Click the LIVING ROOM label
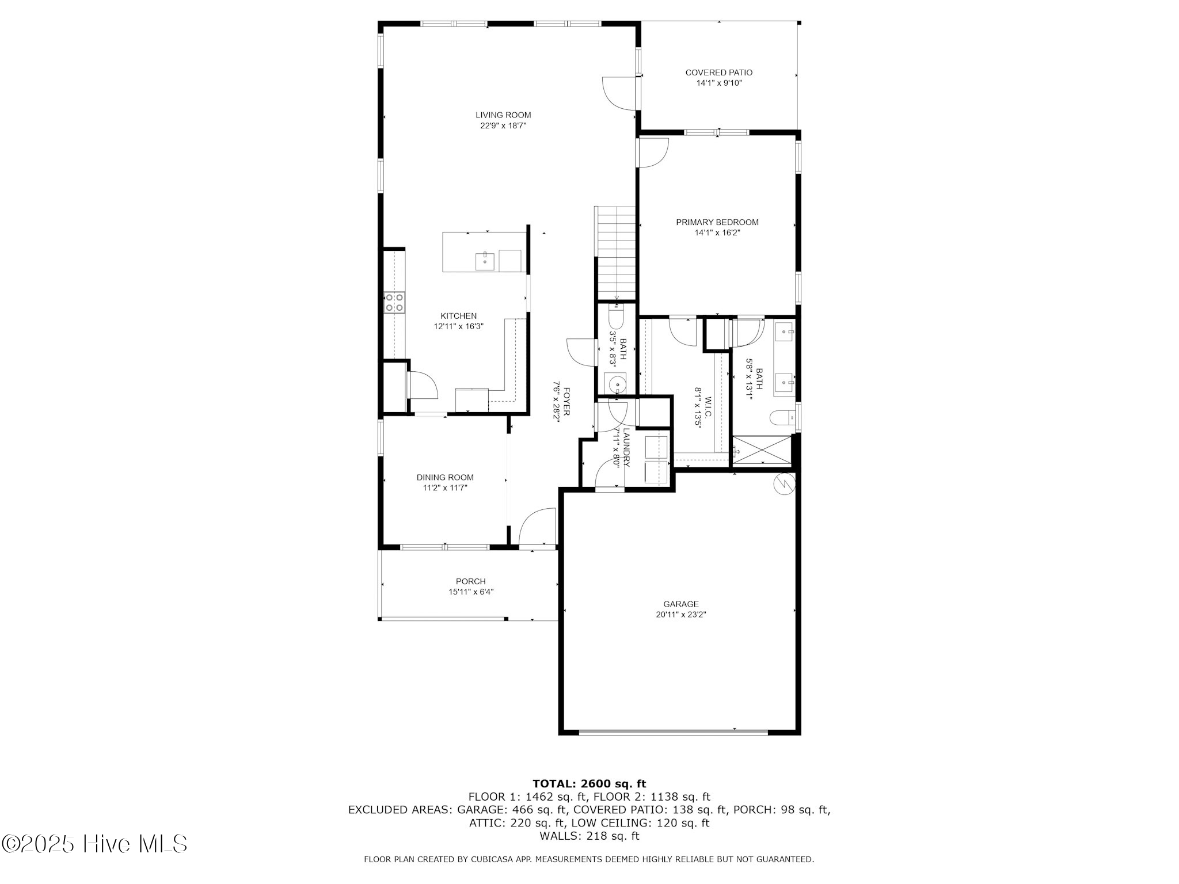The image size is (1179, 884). click(503, 115)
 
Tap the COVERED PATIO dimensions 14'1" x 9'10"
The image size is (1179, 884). click(718, 83)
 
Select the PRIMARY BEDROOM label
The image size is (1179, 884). click(717, 222)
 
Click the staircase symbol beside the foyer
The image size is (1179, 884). click(616, 253)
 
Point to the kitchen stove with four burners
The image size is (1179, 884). click(394, 302)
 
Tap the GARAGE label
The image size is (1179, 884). click(680, 604)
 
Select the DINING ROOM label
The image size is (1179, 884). click(445, 477)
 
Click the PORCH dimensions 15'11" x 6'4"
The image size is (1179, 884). click(471, 592)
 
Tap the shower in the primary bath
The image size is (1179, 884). click(762, 449)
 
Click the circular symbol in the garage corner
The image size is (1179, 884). click(784, 484)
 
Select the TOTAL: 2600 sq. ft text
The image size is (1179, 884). click(589, 783)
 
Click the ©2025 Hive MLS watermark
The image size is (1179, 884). click(95, 844)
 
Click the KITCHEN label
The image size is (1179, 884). click(458, 316)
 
